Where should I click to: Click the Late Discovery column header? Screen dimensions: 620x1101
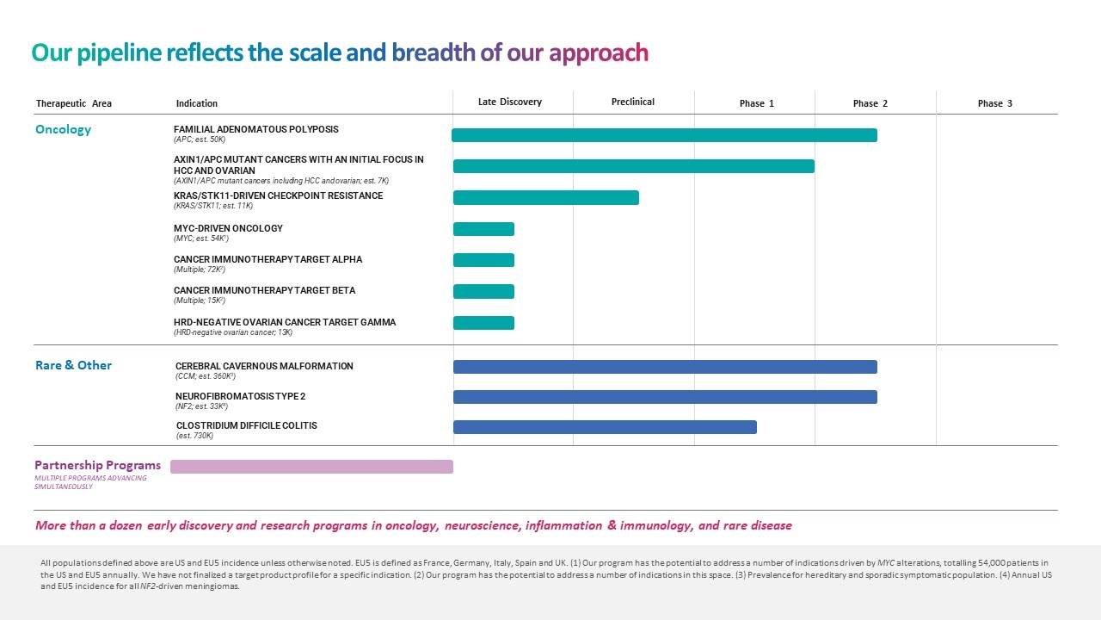pyautogui.click(x=509, y=102)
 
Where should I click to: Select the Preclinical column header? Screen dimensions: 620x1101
pyautogui.click(x=632, y=102)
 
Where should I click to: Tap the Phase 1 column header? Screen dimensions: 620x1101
pyautogui.click(x=756, y=103)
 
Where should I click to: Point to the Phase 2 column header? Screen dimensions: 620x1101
pyautogui.click(x=870, y=103)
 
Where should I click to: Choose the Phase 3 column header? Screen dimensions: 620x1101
pyautogui.click(x=994, y=103)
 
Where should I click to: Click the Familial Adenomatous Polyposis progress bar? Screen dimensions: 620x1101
pyautogui.click(x=664, y=135)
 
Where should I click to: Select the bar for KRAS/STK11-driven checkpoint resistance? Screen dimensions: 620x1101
pyautogui.click(x=546, y=198)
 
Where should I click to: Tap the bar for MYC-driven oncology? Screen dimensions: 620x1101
pyautogui.click(x=483, y=229)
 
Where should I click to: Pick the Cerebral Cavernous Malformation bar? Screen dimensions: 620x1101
pyautogui.click(x=665, y=367)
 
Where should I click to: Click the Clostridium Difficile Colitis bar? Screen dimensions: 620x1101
pyautogui.click(x=605, y=427)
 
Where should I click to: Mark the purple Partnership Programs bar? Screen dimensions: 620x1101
pyautogui.click(x=311, y=467)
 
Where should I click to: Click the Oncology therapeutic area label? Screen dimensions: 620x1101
pyautogui.click(x=63, y=130)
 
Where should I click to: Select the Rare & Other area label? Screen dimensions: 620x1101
pyautogui.click(x=73, y=365)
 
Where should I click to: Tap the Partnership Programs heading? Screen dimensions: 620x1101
pyautogui.click(x=97, y=466)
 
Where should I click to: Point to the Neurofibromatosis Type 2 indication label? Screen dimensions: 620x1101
pyautogui.click(x=240, y=396)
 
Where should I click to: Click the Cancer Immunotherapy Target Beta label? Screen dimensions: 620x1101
pyautogui.click(x=264, y=290)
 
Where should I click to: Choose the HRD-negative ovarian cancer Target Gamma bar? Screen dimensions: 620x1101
pyautogui.click(x=483, y=323)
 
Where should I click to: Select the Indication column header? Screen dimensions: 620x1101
pyautogui.click(x=196, y=103)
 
